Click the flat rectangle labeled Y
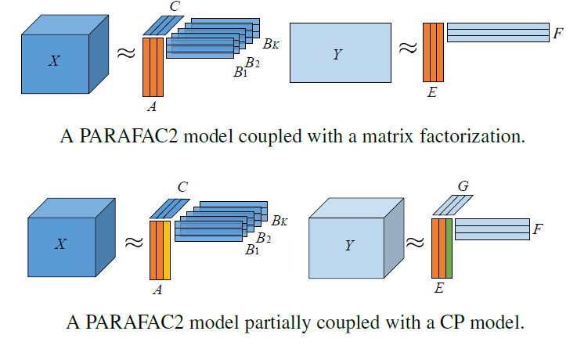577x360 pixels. [x=340, y=53]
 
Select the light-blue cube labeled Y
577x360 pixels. [x=349, y=245]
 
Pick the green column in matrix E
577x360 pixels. [x=449, y=249]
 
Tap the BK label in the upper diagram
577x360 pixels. [x=271, y=45]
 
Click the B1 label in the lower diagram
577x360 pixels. [x=251, y=250]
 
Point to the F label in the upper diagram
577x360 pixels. [x=557, y=34]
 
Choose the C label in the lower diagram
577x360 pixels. [x=182, y=187]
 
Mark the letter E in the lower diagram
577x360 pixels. [x=438, y=289]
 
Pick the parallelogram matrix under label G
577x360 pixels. [x=453, y=205]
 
